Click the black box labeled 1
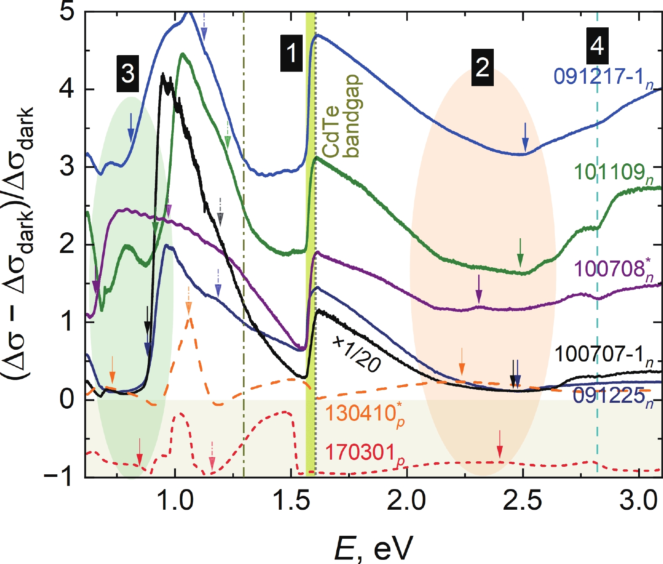[x=291, y=53]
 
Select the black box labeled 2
[x=482, y=67]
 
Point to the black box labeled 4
[x=597, y=45]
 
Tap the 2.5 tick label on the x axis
[x=523, y=501]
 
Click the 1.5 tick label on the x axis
[x=291, y=501]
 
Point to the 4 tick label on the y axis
[x=67, y=90]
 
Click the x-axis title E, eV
[x=374, y=548]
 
